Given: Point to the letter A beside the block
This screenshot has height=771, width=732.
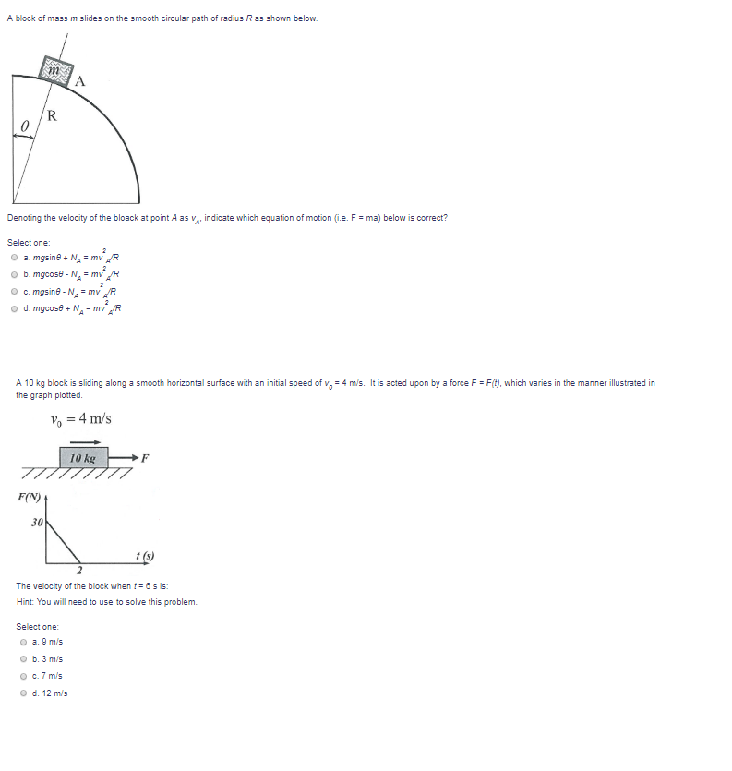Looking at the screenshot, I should click(81, 80).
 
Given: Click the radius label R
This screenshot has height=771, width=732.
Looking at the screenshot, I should click(52, 115).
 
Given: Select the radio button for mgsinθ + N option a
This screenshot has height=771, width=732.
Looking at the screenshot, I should click(14, 258).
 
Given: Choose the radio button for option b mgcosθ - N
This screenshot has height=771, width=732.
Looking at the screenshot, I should click(14, 274).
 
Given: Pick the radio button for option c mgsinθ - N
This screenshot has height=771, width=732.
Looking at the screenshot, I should click(14, 291).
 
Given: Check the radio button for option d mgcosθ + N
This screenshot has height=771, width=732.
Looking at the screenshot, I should click(14, 307).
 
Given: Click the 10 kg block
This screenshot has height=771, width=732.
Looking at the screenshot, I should click(84, 458).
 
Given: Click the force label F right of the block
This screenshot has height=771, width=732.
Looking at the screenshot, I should click(144, 458).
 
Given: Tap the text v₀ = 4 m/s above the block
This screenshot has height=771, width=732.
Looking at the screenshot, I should click(81, 418).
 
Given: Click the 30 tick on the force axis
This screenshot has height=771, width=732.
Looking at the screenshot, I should click(36, 523).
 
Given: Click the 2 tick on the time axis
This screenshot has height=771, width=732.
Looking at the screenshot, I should click(79, 571).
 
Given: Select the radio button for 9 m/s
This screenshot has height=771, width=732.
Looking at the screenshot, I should click(23, 642).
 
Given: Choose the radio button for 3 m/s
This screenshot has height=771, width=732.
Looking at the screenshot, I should click(23, 659).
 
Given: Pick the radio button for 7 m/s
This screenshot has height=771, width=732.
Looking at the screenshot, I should click(23, 676).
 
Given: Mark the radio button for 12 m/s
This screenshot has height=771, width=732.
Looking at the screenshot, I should click(23, 693).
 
